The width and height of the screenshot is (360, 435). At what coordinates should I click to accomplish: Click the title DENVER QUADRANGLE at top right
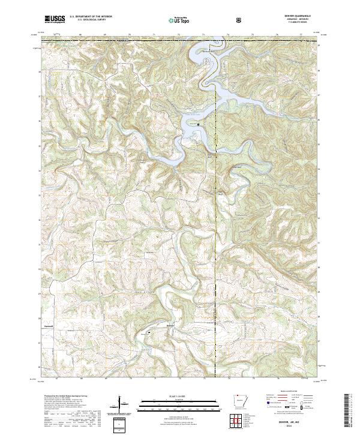point(298,17)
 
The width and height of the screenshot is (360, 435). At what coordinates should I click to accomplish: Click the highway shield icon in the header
point(239,20)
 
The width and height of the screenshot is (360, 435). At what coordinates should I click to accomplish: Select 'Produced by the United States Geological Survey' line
point(66,397)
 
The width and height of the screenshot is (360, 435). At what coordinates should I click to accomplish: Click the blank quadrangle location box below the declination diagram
point(122,424)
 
